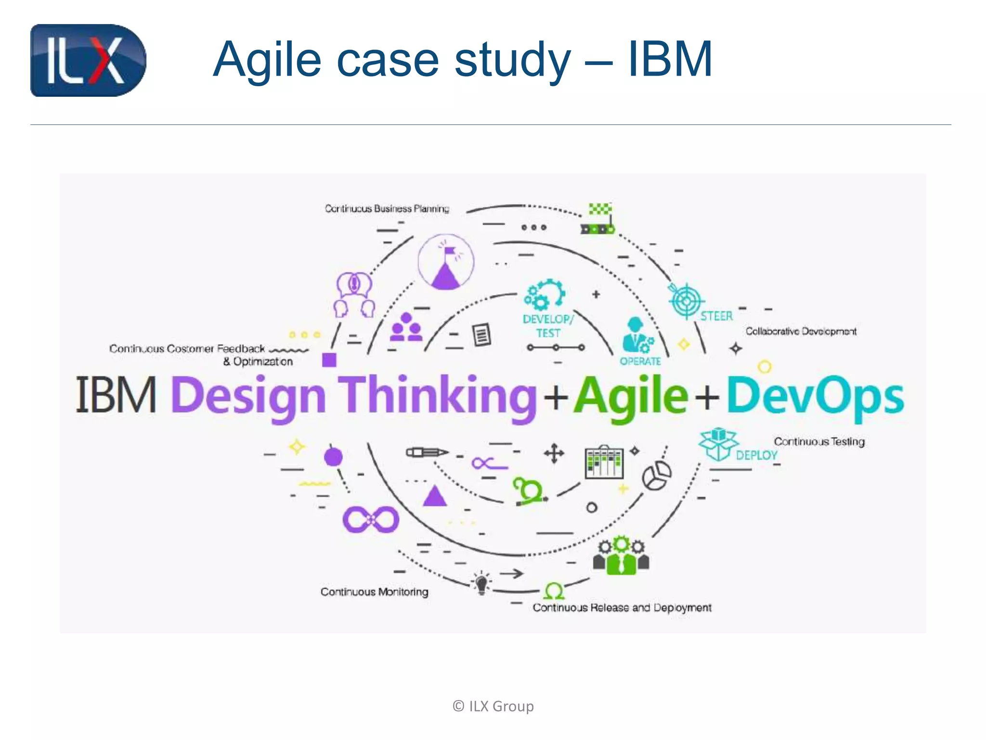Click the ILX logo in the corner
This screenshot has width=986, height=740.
(88, 60)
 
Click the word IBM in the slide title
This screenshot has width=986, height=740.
(670, 60)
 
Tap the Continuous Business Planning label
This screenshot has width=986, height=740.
(387, 209)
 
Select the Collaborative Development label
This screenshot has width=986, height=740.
(801, 331)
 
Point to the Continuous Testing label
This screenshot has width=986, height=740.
(819, 442)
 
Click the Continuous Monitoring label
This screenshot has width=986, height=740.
(374, 592)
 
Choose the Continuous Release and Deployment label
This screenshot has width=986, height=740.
(622, 608)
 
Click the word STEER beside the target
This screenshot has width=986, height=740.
(716, 316)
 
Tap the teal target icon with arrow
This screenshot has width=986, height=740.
(685, 300)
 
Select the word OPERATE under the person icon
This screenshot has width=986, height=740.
(640, 361)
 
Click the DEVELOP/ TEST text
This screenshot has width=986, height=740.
(548, 326)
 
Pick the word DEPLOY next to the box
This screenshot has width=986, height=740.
(756, 455)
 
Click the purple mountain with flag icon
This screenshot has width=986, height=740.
(445, 263)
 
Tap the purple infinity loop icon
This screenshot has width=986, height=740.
(371, 519)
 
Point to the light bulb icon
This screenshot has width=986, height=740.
(481, 583)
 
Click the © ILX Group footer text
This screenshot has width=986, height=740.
(493, 706)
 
